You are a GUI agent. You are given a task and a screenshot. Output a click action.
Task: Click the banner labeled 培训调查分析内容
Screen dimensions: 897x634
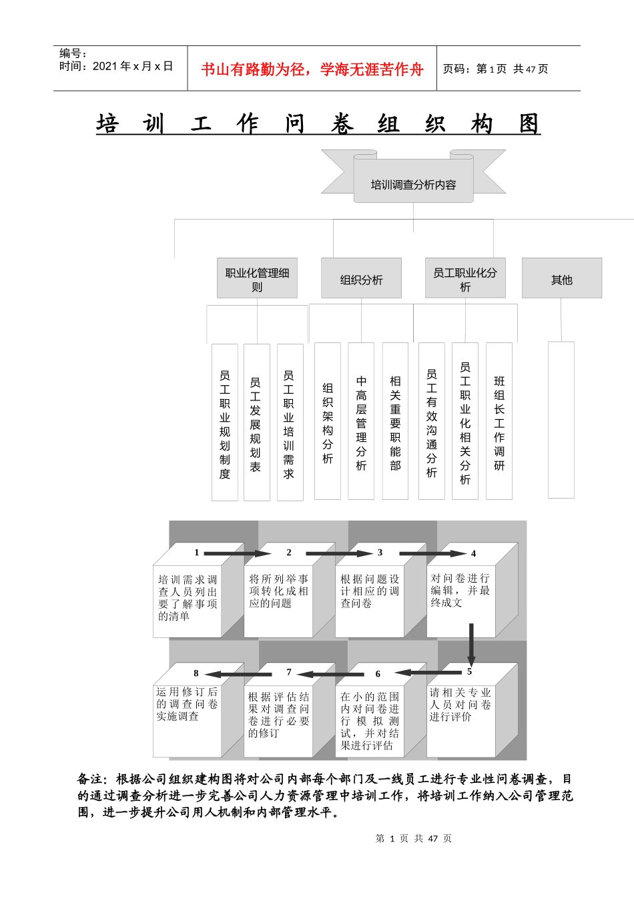413,184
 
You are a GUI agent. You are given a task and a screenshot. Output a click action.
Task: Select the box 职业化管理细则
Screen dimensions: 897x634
257,278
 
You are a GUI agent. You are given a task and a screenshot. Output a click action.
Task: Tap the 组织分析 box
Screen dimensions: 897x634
361,278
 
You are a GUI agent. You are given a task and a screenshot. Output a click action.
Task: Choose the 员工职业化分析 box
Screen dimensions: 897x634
465,278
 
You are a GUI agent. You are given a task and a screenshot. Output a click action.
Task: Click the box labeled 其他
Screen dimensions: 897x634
561,278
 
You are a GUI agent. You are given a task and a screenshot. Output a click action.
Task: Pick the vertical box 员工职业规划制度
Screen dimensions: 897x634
225,422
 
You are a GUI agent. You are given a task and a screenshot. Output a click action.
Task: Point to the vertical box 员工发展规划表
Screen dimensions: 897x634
256,422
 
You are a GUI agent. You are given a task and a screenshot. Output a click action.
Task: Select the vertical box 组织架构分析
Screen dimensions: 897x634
327,422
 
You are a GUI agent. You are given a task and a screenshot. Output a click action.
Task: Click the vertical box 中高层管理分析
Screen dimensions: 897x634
361,422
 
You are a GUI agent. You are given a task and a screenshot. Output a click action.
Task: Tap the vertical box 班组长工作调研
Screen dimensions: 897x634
499,422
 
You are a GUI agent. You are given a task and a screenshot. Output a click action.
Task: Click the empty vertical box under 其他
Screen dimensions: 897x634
561,420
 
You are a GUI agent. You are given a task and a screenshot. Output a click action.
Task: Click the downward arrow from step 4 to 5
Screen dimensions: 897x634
471,644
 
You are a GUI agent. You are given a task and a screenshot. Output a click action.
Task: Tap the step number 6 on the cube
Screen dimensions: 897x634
378,674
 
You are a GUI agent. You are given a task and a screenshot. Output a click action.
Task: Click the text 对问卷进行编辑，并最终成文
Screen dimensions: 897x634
460,590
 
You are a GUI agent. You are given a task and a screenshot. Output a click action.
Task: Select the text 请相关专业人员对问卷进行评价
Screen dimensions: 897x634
460,705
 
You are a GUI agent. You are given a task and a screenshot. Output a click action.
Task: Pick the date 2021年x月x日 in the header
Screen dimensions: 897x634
133,66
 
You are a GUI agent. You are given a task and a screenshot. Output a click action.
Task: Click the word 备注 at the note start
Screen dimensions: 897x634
91,779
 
